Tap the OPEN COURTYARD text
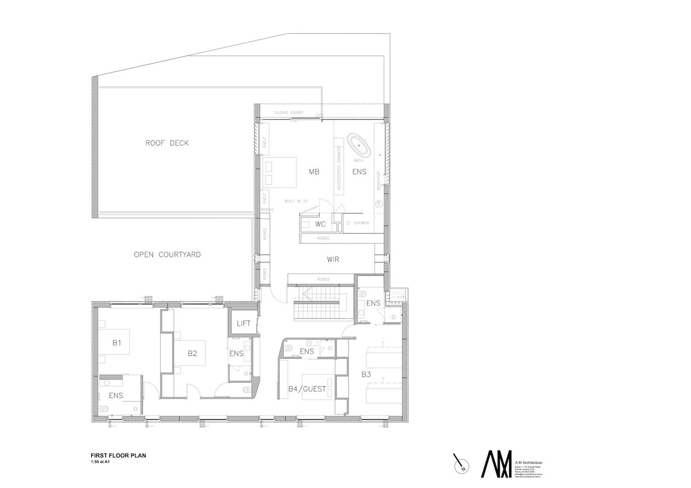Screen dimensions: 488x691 click(x=167, y=254)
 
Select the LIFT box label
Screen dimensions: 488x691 click(x=243, y=324)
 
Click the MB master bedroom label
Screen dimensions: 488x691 click(x=314, y=172)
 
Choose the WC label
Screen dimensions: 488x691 click(x=321, y=224)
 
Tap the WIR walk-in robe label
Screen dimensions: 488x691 click(x=333, y=259)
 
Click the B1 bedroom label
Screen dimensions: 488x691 click(x=117, y=343)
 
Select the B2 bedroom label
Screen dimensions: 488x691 click(x=192, y=354)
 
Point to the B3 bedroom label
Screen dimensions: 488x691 click(x=366, y=374)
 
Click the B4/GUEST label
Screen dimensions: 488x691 click(x=307, y=389)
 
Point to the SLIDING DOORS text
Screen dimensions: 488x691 click(x=289, y=113)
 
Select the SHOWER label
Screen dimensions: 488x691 click(x=361, y=223)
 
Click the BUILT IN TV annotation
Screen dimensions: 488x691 click(x=296, y=201)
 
